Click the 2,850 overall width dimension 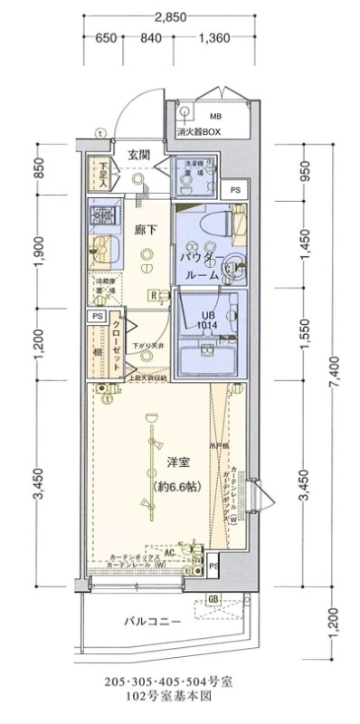click(x=170, y=16)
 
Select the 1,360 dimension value click(x=213, y=38)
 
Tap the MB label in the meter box click(x=216, y=118)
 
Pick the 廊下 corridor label click(x=147, y=230)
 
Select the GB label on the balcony click(x=214, y=599)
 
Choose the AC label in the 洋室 click(x=170, y=550)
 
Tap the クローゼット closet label click(x=117, y=347)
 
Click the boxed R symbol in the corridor click(x=155, y=295)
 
